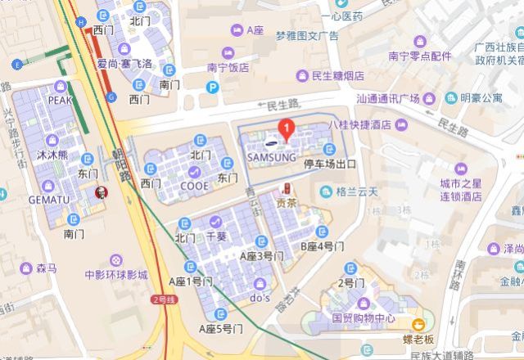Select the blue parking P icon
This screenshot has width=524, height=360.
[214, 87]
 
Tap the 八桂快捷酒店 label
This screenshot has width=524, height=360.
[359, 125]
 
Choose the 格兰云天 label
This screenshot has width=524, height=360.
[357, 191]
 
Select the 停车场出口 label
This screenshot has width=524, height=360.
[331, 164]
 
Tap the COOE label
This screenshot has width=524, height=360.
[194, 185]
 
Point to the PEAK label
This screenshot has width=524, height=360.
[61, 100]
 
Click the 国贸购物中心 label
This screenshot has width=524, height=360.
[364, 317]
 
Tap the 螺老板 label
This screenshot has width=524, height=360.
[418, 338]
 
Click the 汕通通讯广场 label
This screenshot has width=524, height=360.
[387, 99]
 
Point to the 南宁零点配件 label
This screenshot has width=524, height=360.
[420, 56]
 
